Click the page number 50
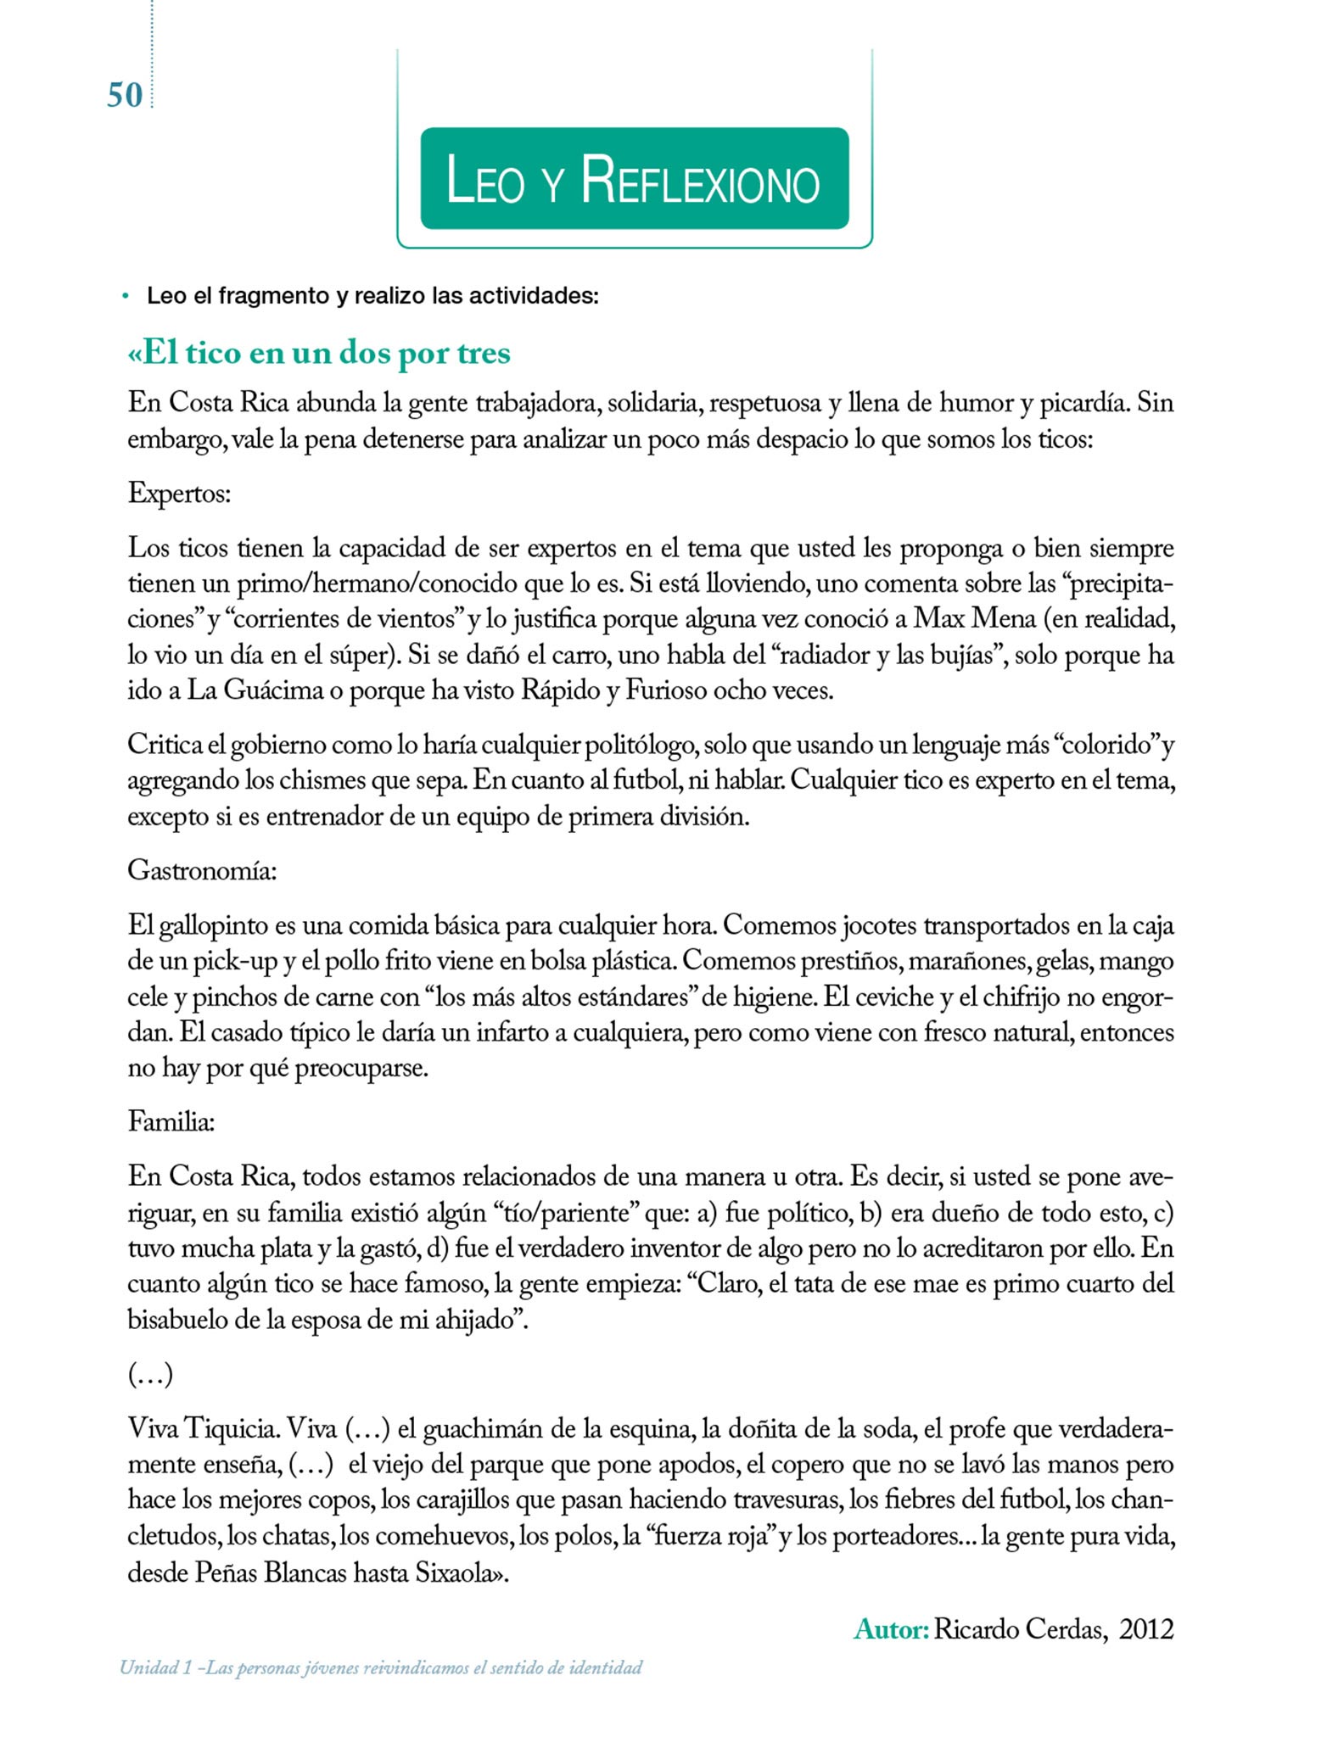point(125,95)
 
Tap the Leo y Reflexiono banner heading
point(633,180)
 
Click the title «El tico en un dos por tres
point(319,353)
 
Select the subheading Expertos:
point(179,493)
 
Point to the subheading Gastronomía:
point(202,870)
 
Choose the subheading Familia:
point(171,1122)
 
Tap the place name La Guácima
point(255,691)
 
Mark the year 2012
point(1146,1629)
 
